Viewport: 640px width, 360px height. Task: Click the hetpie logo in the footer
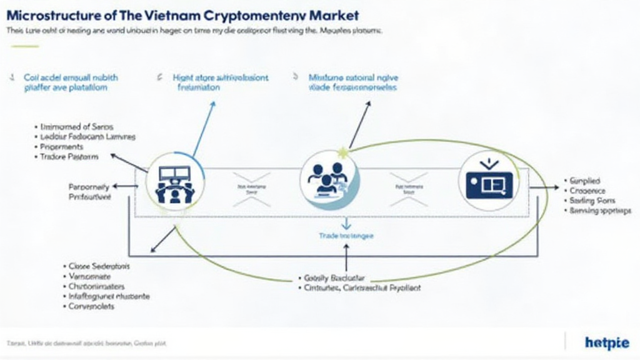[607, 342]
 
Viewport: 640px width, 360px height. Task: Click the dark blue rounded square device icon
[489, 181]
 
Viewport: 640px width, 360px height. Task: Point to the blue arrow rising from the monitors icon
[203, 128]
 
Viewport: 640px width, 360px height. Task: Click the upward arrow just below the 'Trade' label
[346, 256]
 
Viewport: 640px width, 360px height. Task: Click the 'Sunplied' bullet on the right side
[584, 179]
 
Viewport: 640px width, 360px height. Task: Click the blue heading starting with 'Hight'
[220, 78]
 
